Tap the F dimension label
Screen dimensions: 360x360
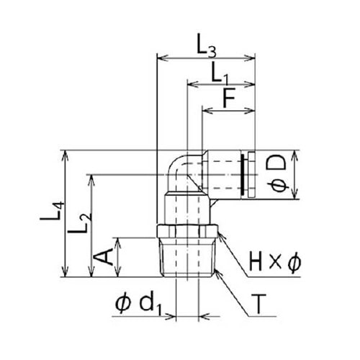[229, 99]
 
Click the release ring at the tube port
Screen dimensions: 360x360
[251, 175]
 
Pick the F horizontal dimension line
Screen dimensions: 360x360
[229, 111]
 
